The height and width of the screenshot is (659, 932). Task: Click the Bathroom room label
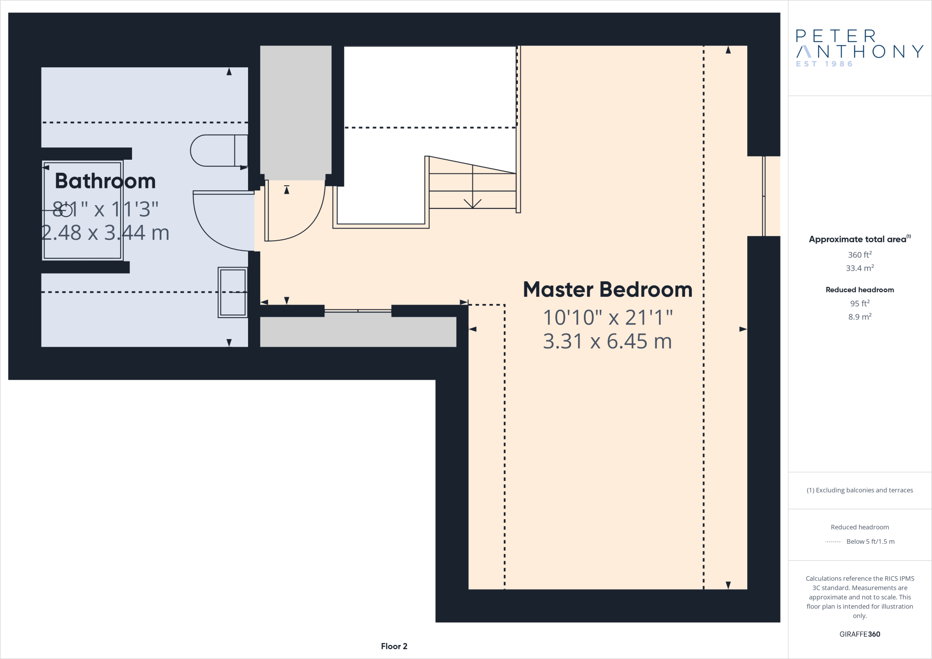coord(105,181)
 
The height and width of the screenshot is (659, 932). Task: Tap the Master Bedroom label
coord(607,289)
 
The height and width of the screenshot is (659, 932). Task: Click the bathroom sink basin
coord(233,292)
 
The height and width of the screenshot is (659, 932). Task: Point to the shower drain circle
coord(66,210)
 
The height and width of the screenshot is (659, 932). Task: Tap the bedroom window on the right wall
coord(764,196)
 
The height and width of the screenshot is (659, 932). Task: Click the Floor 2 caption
coord(394,646)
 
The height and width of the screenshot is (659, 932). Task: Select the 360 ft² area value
coord(859,254)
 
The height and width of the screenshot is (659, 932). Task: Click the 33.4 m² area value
coord(859,268)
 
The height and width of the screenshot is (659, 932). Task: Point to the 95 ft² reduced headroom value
coord(859,303)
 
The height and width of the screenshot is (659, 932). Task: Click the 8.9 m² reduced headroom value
coord(859,317)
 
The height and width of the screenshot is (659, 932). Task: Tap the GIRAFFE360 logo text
coord(859,634)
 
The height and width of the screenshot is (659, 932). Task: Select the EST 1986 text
coord(824,64)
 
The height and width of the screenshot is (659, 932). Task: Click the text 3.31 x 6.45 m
coord(607,341)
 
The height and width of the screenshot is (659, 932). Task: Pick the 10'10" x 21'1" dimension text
coord(607,318)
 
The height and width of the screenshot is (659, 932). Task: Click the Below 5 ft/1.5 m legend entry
coord(870,542)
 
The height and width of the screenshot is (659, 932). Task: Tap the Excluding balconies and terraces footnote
coord(859,490)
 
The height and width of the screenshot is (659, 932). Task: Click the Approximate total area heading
coord(857,239)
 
